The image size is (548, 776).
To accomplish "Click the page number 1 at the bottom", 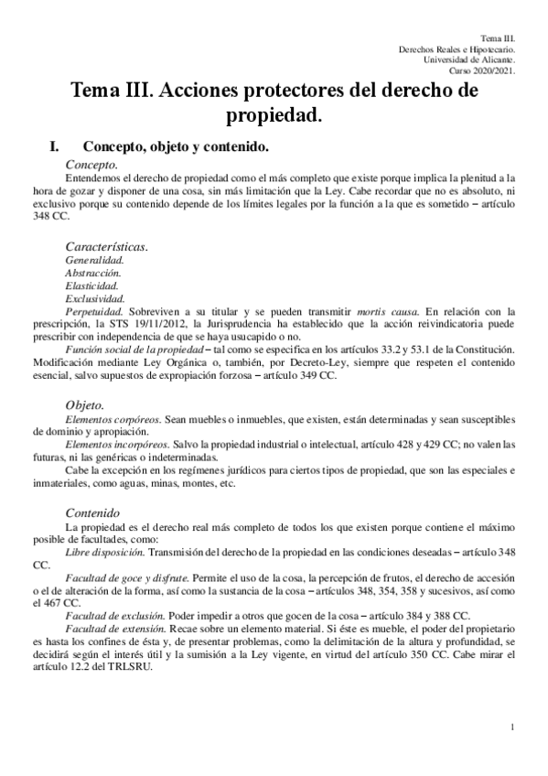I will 514,727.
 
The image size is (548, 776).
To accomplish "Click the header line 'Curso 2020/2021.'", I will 482,70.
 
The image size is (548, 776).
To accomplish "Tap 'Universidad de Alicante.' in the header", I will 469,59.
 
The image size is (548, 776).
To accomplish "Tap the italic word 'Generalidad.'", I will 94,260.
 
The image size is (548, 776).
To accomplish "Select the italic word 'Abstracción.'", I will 93,273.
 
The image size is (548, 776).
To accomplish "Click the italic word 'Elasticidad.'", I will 92,286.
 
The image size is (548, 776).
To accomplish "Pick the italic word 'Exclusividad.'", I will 95,298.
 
